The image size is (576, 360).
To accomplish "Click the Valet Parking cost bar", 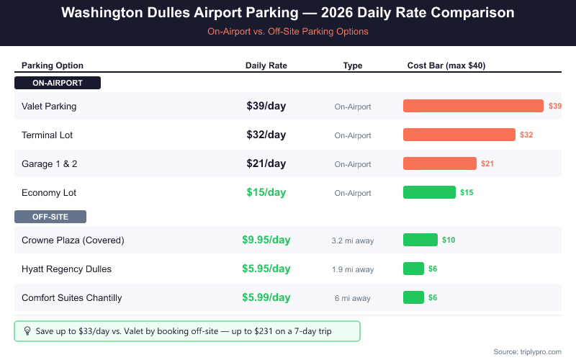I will (473, 106).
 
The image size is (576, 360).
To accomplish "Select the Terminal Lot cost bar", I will (459, 135).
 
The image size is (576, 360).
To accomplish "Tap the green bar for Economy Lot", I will (429, 192).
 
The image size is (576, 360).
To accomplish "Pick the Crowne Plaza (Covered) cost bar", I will (420, 240).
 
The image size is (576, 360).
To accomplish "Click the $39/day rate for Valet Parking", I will (266, 106).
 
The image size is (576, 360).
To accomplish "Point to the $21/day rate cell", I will (266, 163).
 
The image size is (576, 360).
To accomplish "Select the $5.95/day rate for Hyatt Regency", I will (266, 269).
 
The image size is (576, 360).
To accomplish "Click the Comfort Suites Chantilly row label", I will (72, 297).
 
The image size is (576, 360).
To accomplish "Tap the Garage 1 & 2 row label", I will (50, 163).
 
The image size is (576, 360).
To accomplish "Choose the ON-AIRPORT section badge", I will (58, 83).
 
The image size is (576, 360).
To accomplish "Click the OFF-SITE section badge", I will (50, 217).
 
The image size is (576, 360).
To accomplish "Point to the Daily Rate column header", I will (266, 66).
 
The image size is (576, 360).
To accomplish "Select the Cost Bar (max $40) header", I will (446, 66).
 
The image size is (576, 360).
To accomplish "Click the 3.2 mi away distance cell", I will (353, 240).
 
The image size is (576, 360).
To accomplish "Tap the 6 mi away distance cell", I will (353, 298).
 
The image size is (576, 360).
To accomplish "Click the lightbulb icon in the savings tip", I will (28, 331).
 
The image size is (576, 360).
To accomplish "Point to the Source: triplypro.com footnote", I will (527, 351).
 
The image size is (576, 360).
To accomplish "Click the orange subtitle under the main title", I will (288, 32).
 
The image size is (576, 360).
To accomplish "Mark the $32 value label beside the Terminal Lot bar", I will (526, 135).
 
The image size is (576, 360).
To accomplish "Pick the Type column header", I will (353, 66).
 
